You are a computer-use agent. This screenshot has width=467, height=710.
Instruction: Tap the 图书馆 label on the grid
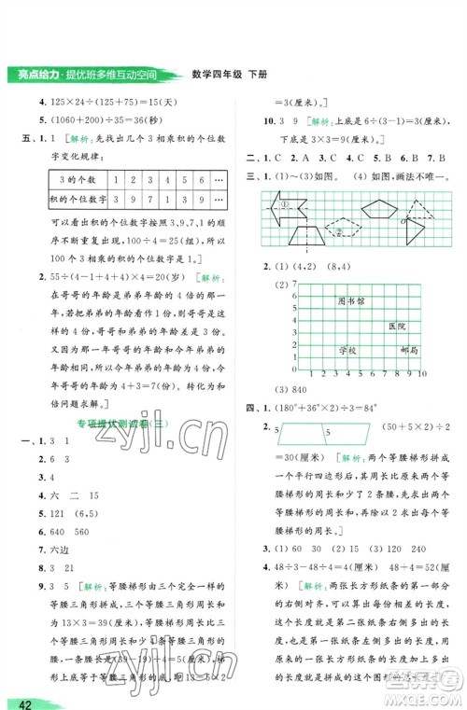click(352, 301)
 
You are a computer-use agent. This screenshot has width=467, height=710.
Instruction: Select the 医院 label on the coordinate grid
click(397, 327)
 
